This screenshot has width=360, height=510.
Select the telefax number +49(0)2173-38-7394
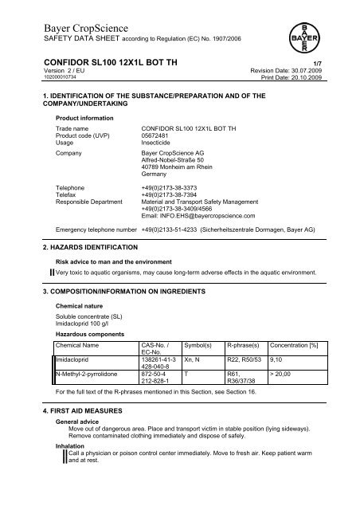pyautogui.click(x=168, y=172)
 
